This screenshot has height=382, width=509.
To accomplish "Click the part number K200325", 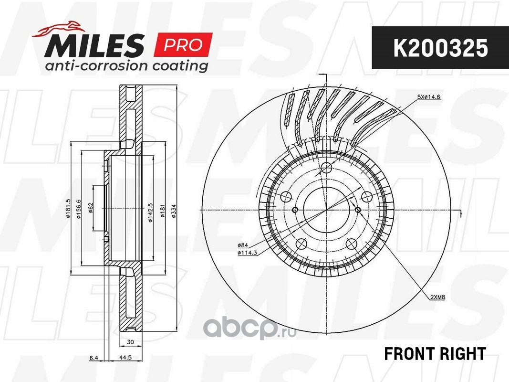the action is [440, 48].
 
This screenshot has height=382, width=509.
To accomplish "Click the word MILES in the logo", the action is [94, 45].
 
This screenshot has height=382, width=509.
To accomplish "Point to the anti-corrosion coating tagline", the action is [126, 65].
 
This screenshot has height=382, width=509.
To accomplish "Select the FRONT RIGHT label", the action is [435, 353].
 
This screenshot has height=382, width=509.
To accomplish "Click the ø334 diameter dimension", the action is [174, 211].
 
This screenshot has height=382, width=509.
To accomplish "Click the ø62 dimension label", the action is [91, 208].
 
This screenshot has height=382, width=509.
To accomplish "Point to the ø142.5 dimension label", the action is [150, 213].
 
